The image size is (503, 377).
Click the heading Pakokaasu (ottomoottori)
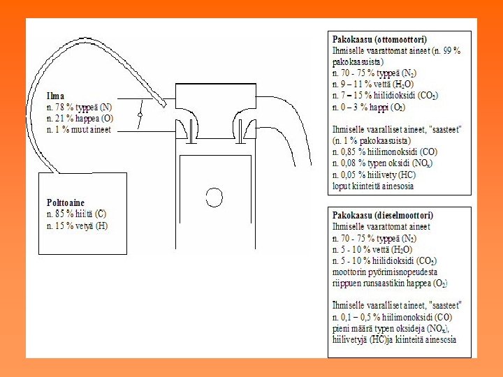click(379, 40)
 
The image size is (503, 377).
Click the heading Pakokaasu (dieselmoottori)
click(381, 216)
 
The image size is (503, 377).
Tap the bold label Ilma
click(55, 96)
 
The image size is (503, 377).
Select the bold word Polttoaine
click(66, 203)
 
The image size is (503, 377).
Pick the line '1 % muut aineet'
click(78, 129)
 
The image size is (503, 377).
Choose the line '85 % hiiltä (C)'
click(76, 214)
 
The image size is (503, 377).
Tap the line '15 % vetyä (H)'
click(78, 226)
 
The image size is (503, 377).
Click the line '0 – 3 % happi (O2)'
click(368, 107)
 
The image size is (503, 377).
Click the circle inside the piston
click(214, 197)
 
